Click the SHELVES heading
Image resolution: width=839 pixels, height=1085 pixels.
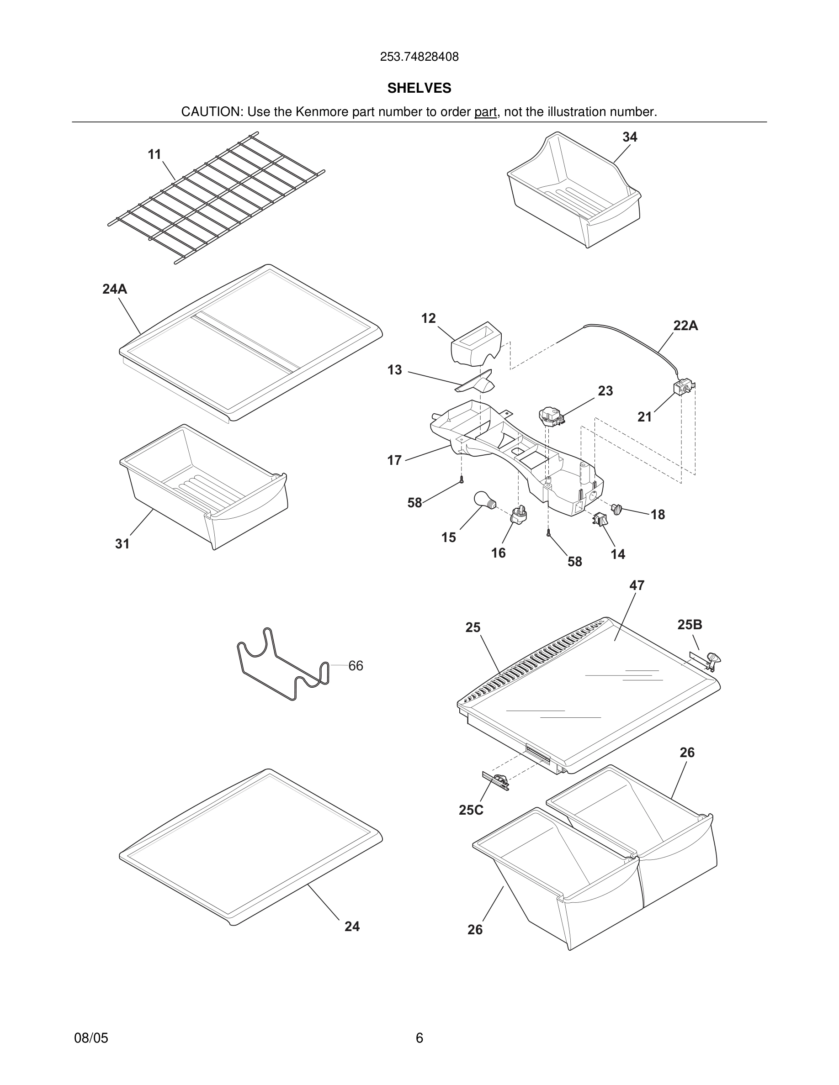click(419, 88)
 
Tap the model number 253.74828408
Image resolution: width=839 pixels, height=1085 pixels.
click(419, 57)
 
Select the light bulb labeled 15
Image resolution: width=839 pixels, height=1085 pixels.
click(483, 499)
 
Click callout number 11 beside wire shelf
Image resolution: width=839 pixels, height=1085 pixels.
click(154, 154)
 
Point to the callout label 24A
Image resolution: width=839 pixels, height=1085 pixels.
click(114, 289)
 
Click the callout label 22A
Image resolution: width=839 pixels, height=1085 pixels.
click(685, 326)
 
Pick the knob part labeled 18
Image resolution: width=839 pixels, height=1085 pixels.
click(616, 509)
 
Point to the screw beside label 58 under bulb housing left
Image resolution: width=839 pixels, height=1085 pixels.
click(461, 480)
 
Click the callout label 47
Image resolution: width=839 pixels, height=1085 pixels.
click(637, 586)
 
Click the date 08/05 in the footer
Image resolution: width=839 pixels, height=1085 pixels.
click(91, 1038)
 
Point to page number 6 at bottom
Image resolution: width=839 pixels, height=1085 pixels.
click(419, 1038)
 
